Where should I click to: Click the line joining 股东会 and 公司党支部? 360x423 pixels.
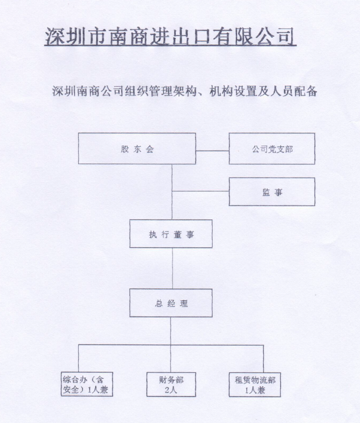(x=213, y=151)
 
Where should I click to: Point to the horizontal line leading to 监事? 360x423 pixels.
(x=200, y=191)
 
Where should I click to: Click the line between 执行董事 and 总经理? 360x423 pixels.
(x=172, y=268)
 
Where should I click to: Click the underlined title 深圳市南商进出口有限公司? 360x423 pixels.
(x=170, y=36)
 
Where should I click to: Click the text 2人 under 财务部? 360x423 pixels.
(x=171, y=390)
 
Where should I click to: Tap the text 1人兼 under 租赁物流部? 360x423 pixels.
(x=255, y=390)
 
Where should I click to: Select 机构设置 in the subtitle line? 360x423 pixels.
(x=232, y=91)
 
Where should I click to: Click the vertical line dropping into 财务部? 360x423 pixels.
(x=171, y=359)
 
